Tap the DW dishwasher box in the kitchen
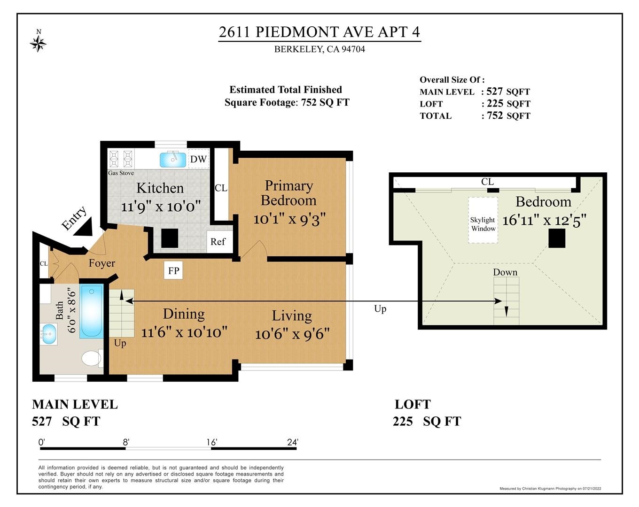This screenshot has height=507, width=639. pyautogui.click(x=199, y=159)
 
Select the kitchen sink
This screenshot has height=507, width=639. pyautogui.click(x=173, y=160)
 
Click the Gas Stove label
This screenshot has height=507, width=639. pyautogui.click(x=121, y=173)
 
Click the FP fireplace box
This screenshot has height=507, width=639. pyautogui.click(x=173, y=270)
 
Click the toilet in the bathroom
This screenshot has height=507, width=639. pyautogui.click(x=92, y=358)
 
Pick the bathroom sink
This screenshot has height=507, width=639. pyautogui.click(x=49, y=334)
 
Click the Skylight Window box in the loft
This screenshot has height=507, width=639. pyautogui.click(x=483, y=220)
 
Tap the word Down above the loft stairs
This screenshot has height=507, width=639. pyautogui.click(x=505, y=272)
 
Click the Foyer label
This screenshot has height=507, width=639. pyautogui.click(x=102, y=263)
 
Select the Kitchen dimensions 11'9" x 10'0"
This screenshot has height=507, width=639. pyautogui.click(x=161, y=206)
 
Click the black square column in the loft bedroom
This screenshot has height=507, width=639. pyautogui.click(x=556, y=239)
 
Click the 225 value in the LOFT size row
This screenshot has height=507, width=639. pyautogui.click(x=495, y=103)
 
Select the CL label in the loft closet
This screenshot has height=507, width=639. pyautogui.click(x=487, y=182)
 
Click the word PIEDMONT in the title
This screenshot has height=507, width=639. pyautogui.click(x=297, y=32)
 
